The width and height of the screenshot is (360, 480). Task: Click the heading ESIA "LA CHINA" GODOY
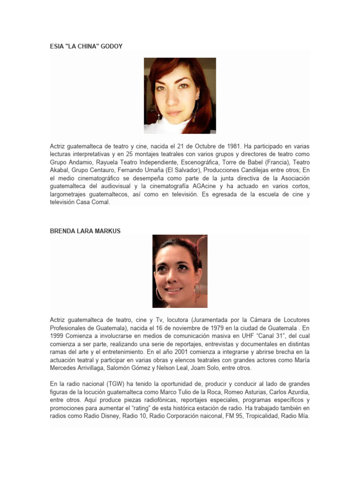click(x=86, y=46)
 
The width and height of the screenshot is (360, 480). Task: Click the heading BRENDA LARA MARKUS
click(x=85, y=231)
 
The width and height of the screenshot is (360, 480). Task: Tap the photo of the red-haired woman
click(x=180, y=96)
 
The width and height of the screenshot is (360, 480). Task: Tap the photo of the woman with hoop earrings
click(x=180, y=271)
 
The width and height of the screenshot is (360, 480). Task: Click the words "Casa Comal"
click(x=95, y=202)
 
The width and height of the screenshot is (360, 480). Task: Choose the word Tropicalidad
click(x=263, y=416)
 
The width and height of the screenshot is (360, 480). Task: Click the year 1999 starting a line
click(x=58, y=336)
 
